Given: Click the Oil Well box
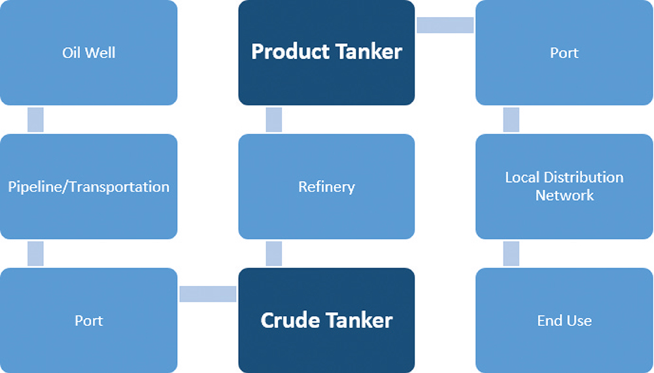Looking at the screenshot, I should pyautogui.click(x=88, y=52).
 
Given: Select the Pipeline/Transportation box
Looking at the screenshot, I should pyautogui.click(x=88, y=186).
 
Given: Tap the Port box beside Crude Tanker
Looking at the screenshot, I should pyautogui.click(x=88, y=321).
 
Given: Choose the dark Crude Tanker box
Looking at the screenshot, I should pyautogui.click(x=326, y=321).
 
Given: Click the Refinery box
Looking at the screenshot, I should pyautogui.click(x=326, y=186).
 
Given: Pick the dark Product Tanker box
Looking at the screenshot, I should pyautogui.click(x=326, y=52).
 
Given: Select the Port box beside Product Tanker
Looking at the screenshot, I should pyautogui.click(x=564, y=52).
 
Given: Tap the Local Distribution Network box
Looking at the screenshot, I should pyautogui.click(x=564, y=186).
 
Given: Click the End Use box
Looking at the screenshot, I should pyautogui.click(x=564, y=321).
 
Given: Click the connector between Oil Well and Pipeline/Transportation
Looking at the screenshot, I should pyautogui.click(x=35, y=120).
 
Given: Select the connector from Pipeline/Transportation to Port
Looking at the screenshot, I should pyautogui.click(x=35, y=253).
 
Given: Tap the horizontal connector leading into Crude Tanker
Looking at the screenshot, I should pyautogui.click(x=208, y=294).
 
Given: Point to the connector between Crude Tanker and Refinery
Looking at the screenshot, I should pyautogui.click(x=274, y=253).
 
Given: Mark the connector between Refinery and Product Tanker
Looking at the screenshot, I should pyautogui.click(x=274, y=120).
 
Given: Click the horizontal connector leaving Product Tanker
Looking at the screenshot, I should pyautogui.click(x=445, y=25).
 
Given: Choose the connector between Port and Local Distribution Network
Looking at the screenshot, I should pyautogui.click(x=511, y=120).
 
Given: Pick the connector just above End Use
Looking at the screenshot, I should pyautogui.click(x=511, y=253).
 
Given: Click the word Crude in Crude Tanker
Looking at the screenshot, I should pyautogui.click(x=290, y=321).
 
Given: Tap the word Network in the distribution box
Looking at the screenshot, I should pyautogui.click(x=564, y=195).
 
